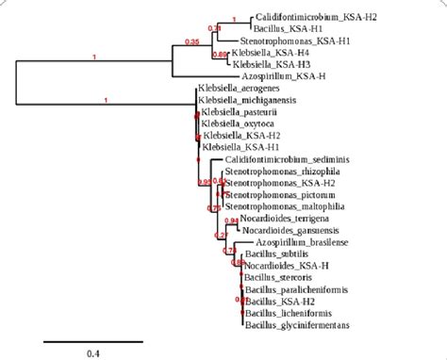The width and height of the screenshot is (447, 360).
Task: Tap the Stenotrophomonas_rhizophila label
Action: click(278, 172)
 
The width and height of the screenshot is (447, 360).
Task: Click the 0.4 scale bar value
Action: click(78, 349)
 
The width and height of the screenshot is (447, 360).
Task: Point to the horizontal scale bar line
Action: click(78, 335)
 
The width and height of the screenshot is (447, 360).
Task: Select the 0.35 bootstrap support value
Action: click(192, 41)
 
